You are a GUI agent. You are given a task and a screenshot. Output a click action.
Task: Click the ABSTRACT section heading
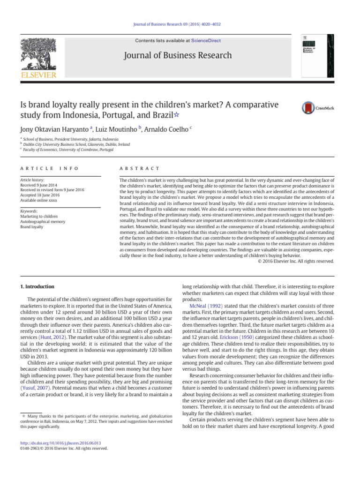click(140, 168)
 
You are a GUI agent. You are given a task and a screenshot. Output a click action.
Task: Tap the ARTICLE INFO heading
click(49, 168)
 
